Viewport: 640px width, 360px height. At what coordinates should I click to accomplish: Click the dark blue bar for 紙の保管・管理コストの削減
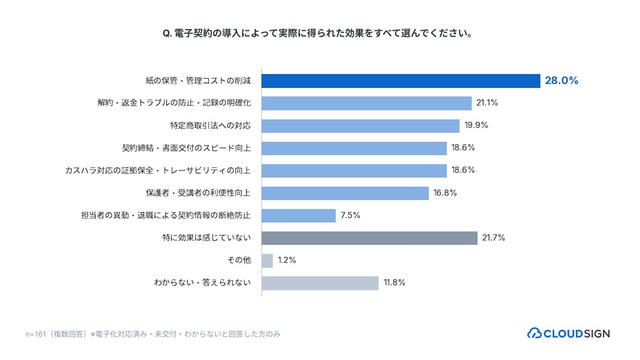tap(401, 81)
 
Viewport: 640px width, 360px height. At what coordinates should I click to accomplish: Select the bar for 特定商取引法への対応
tap(360, 126)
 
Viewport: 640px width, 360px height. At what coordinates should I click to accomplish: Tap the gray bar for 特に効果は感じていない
tap(369, 238)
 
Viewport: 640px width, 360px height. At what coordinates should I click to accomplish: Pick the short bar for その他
tap(267, 260)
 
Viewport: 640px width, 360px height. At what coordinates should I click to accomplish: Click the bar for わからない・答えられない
tap(320, 283)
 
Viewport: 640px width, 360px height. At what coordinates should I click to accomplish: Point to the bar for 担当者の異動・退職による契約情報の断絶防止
tap(299, 215)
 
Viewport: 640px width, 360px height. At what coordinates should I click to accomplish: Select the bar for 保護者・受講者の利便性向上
tap(345, 193)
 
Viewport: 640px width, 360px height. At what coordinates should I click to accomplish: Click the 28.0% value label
tap(562, 80)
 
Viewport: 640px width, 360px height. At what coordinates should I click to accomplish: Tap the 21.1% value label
tap(487, 103)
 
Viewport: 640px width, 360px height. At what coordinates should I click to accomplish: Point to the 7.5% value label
tap(350, 215)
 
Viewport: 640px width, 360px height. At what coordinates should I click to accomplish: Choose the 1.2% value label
tap(287, 260)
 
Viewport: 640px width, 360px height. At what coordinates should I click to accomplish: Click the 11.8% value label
tap(394, 283)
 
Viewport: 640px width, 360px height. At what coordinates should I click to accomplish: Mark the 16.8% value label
tap(445, 193)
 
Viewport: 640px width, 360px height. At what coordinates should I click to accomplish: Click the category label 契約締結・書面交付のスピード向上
tap(186, 148)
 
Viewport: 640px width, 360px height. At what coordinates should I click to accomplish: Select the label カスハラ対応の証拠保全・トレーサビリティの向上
tap(158, 170)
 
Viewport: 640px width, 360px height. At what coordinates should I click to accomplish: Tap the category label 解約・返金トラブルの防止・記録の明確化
tap(174, 103)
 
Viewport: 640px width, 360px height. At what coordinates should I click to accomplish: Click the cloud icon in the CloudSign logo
tap(534, 333)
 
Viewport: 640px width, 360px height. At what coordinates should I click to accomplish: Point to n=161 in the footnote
tap(35, 334)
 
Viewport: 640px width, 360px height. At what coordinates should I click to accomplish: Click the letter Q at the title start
tap(167, 34)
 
